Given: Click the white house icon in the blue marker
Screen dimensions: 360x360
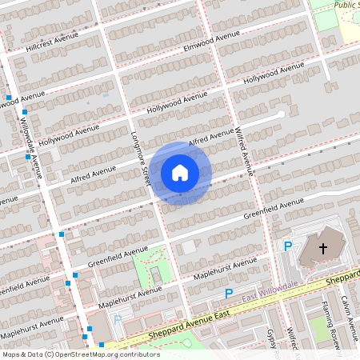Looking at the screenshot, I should (x=180, y=172).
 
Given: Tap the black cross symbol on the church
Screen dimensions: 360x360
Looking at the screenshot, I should (x=323, y=250).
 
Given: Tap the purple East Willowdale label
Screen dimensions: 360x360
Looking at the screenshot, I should (x=270, y=298).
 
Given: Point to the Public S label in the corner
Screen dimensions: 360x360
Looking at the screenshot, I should (x=346, y=4).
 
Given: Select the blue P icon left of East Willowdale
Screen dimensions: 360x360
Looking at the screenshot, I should (x=228, y=294).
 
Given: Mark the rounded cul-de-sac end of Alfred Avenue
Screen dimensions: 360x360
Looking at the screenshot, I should (x=280, y=114).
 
